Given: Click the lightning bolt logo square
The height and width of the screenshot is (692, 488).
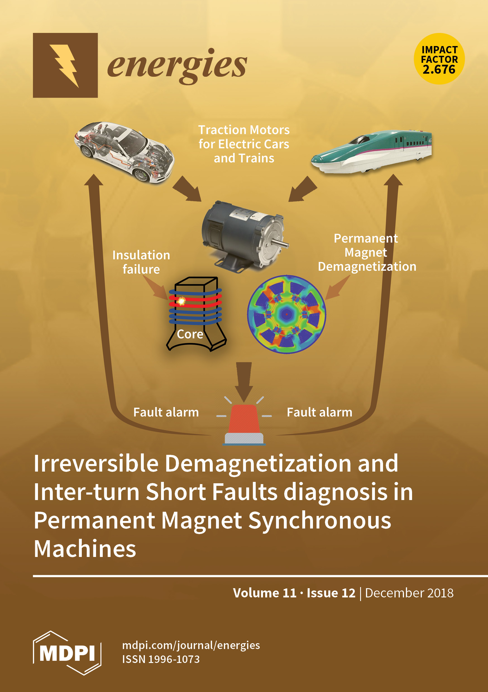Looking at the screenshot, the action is (x=65, y=65).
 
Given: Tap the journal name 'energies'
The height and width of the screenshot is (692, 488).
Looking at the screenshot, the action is (x=177, y=65).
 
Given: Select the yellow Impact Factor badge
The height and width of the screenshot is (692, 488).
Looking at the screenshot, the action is (x=439, y=59).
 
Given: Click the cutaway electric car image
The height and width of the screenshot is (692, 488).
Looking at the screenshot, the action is (x=124, y=152).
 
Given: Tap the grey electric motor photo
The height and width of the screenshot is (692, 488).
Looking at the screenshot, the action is (x=244, y=237).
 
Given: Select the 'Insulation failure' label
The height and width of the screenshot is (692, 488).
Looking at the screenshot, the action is (x=141, y=262).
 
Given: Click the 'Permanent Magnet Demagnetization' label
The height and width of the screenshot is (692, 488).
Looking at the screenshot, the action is (x=367, y=252).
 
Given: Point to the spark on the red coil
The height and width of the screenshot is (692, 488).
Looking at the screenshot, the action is (x=181, y=301).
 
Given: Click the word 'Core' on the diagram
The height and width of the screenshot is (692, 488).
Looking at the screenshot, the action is (x=190, y=334).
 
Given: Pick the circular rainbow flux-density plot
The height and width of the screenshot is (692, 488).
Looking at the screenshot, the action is (x=286, y=314).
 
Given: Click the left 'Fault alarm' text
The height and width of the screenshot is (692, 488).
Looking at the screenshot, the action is (x=166, y=412).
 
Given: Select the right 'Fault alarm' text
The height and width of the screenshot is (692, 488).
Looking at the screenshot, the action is (x=319, y=412).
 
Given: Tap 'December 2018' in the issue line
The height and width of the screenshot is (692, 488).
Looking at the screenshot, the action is (x=409, y=593).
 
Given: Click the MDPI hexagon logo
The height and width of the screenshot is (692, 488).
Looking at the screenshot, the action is (x=67, y=653).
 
